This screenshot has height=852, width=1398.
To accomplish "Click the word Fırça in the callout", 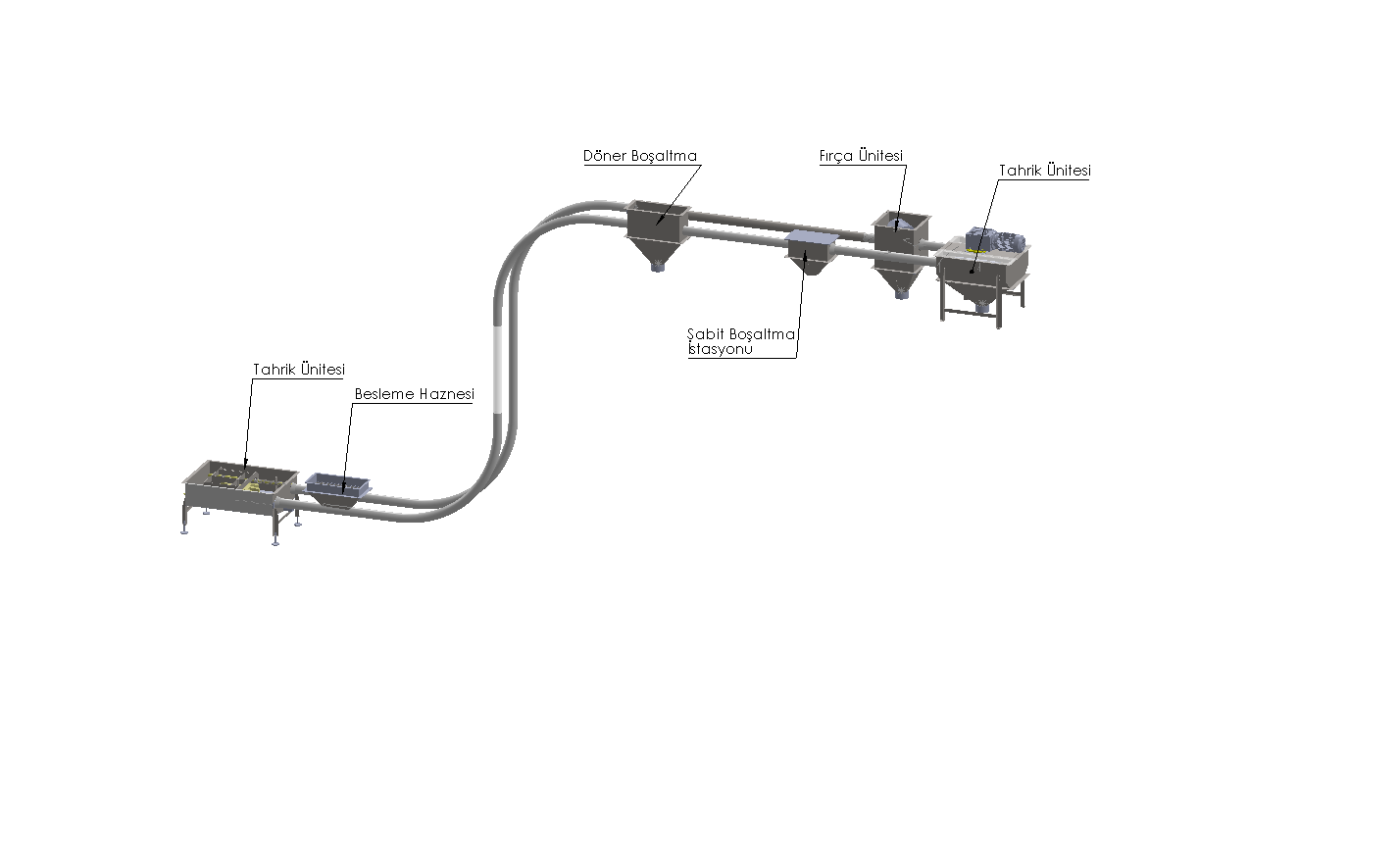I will (834, 156).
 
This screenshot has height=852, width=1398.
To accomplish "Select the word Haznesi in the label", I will (446, 394).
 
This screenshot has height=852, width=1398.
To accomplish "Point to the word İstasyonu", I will (720, 348).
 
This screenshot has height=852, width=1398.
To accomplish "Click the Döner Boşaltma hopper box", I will (658, 218).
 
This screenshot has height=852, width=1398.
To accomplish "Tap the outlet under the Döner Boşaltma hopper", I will (658, 266).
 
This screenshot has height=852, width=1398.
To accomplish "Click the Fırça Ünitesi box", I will (900, 226).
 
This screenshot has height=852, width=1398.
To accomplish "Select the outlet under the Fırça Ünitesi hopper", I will (900, 292).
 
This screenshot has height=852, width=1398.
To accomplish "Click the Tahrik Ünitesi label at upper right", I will (1044, 171).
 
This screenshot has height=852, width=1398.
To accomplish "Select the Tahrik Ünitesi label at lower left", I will (298, 370).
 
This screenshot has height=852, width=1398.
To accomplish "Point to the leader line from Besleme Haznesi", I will (347, 441).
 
